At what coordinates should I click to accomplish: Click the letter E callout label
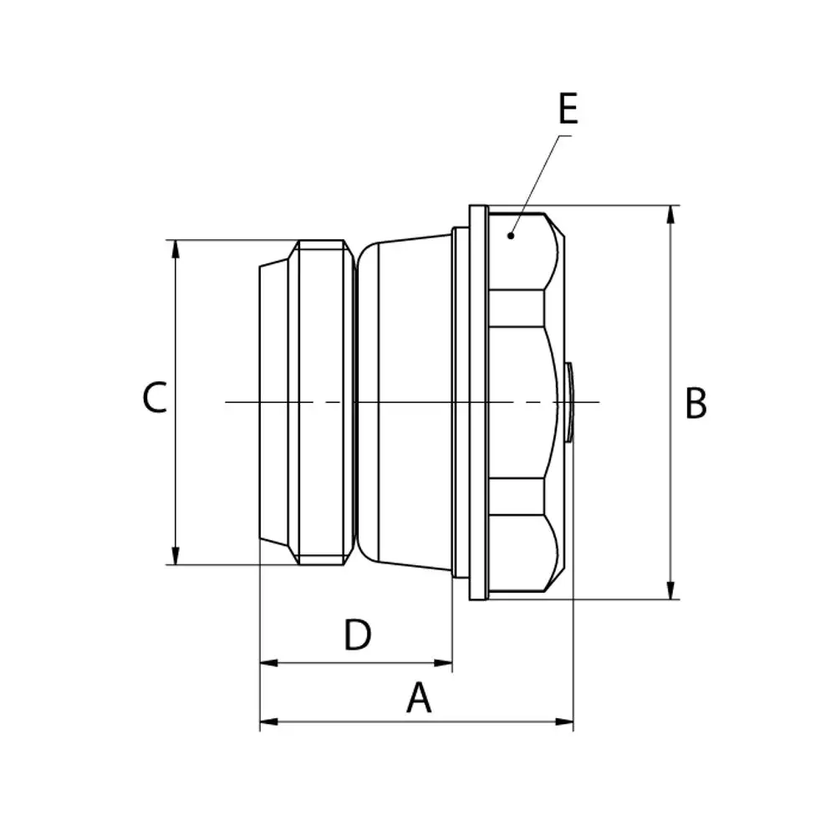(x=568, y=109)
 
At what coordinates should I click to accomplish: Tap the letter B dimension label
(x=696, y=403)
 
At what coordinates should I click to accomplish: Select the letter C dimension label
(x=155, y=397)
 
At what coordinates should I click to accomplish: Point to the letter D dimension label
(x=357, y=635)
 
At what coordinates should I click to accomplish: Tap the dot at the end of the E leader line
(x=511, y=235)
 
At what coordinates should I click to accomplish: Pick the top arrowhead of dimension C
(x=176, y=249)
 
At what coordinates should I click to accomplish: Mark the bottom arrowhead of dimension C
(x=176, y=555)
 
